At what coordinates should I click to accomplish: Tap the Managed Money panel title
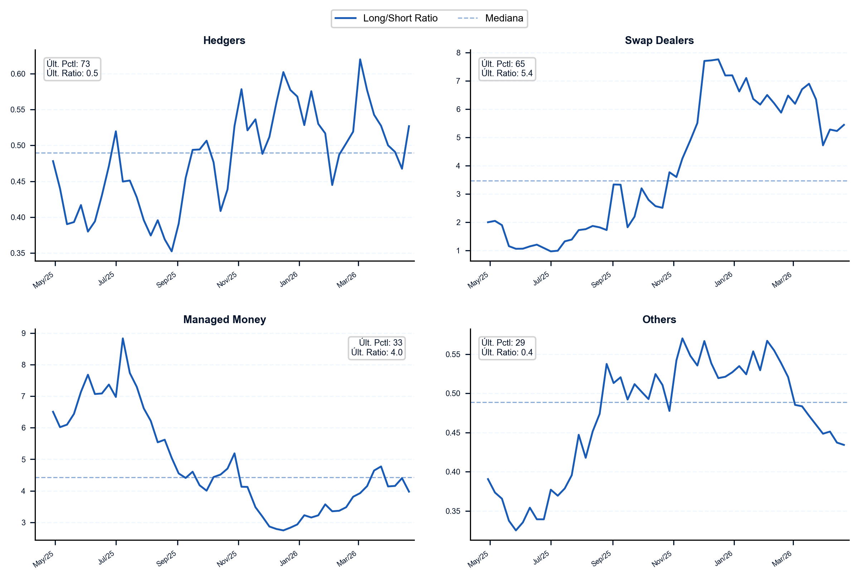point(224,320)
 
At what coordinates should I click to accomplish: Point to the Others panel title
point(659,320)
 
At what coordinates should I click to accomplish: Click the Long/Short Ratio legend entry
point(386,18)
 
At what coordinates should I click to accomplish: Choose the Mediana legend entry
point(490,18)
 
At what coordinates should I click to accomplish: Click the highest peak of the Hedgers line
point(360,59)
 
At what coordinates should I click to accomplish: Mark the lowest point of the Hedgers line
point(172,252)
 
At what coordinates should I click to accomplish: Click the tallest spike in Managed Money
point(123,338)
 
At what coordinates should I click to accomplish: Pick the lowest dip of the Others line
point(516,530)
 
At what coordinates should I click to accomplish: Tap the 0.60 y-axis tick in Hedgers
point(18,74)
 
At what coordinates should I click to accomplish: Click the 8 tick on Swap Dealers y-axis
point(458,53)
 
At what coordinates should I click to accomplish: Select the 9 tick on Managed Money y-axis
point(24,334)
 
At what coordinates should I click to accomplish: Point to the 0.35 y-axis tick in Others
point(453,511)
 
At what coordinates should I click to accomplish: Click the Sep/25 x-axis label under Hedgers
point(166,280)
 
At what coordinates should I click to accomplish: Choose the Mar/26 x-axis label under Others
point(782,559)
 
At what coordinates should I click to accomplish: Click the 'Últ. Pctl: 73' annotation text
point(68,64)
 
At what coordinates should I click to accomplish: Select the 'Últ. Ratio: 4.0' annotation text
point(377,352)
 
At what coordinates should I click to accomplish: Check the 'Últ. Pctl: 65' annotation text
point(503,64)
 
